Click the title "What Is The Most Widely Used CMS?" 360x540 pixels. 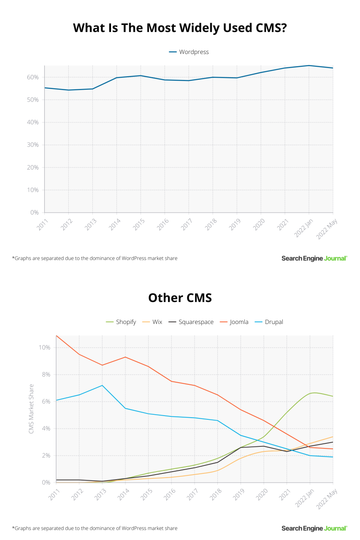point(180,28)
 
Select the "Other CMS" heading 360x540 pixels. point(180,298)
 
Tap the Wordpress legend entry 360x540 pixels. point(189,52)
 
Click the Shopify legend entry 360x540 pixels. point(121,322)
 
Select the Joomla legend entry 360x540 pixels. point(234,322)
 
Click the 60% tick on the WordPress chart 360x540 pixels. point(33,77)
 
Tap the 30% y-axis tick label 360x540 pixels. point(33,145)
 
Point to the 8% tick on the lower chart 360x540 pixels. point(45,375)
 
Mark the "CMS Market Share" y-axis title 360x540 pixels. point(31,409)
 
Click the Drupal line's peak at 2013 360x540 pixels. point(102,385)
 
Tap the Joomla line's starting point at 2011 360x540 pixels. point(57,336)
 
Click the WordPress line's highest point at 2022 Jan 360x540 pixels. point(309,65)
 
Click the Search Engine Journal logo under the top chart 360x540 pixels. point(314,258)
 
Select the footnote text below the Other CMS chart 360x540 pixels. point(95,528)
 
